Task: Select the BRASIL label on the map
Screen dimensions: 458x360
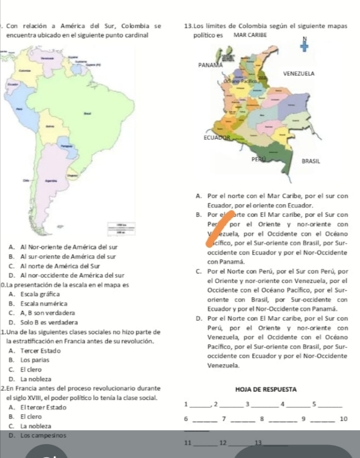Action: (311, 161)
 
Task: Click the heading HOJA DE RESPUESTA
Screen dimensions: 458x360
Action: (267, 389)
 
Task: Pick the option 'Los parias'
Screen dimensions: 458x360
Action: (31, 359)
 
